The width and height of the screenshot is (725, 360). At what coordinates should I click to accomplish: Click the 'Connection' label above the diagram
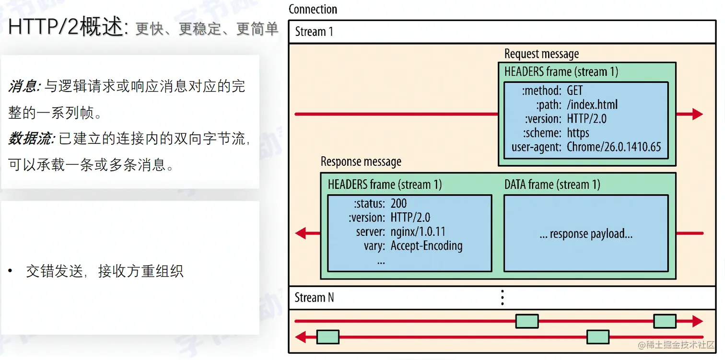pos(313,9)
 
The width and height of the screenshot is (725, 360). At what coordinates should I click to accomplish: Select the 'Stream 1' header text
pos(314,32)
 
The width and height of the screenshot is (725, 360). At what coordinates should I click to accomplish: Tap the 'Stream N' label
pos(314,297)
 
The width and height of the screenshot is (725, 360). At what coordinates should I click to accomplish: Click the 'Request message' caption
pos(541,54)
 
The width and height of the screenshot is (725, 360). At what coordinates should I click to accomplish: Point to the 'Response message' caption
pos(361,162)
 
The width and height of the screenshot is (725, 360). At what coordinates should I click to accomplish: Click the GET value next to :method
pos(574,91)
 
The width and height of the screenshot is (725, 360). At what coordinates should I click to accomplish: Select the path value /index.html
pos(592,105)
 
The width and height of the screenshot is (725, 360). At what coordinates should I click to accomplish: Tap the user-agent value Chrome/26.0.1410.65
pos(614,147)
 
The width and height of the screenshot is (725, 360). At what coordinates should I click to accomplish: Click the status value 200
pos(398,203)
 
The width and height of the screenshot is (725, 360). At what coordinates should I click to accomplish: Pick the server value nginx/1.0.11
pos(418,232)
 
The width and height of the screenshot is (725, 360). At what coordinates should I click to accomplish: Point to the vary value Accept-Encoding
pos(426,246)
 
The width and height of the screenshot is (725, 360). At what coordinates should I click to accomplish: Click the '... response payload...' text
pos(585,234)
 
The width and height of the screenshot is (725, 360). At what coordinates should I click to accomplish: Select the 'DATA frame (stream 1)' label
pos(552,185)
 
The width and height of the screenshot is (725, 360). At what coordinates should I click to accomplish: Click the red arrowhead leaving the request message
pos(696,114)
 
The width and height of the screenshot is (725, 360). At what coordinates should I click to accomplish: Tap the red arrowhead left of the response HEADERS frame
pos(301,233)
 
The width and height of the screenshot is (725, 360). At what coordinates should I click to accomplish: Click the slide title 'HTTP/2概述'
pos(66,27)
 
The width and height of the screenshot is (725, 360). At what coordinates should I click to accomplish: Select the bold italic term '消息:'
pos(24,87)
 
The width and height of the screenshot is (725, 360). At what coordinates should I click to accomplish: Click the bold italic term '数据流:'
pos(31,139)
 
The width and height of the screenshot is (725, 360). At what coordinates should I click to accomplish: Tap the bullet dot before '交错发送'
pos(10,271)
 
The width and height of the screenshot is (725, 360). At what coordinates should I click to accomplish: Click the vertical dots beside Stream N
pos(502,297)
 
